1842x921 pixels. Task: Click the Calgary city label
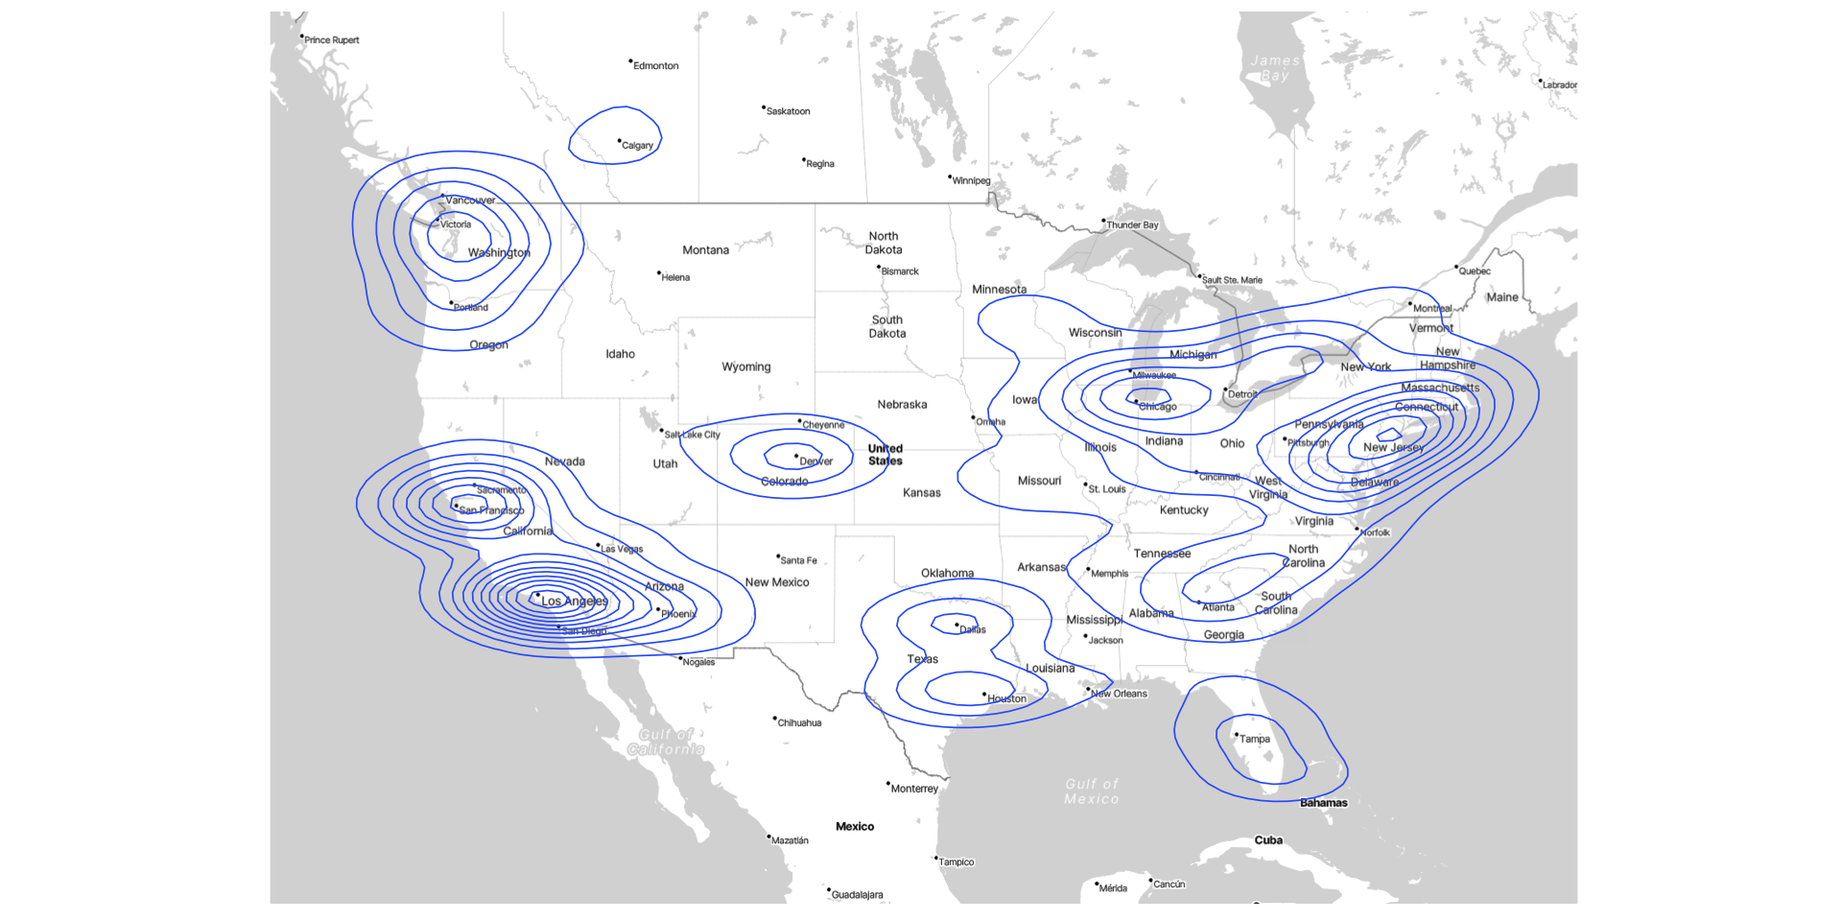click(637, 146)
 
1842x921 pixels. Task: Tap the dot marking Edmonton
click(630, 61)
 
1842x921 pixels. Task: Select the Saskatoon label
click(788, 111)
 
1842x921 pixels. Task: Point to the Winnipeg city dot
click(950, 177)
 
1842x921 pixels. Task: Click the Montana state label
click(705, 250)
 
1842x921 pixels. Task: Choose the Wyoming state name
click(745, 366)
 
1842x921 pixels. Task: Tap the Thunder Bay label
click(1132, 225)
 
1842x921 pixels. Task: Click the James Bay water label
click(1275, 68)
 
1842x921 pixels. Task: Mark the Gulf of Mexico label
click(1091, 791)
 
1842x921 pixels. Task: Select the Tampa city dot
click(1236, 735)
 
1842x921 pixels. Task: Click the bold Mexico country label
click(854, 827)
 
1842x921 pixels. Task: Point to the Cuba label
click(1268, 840)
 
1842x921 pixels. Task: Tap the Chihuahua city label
click(799, 723)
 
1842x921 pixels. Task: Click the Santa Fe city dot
click(778, 556)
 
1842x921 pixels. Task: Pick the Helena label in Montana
click(675, 278)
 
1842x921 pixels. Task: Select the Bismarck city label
click(900, 272)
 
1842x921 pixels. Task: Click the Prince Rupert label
click(332, 40)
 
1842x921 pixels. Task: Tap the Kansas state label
click(921, 493)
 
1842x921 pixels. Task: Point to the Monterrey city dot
click(888, 784)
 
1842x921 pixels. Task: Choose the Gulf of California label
click(666, 742)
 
